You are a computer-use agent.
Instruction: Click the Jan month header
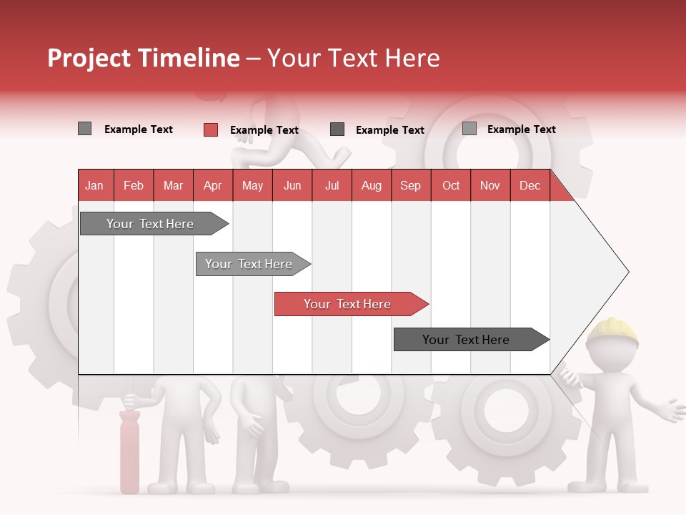(94, 185)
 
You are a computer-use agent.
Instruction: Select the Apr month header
(212, 185)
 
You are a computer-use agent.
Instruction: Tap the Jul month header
(332, 185)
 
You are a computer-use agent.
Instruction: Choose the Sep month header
(410, 185)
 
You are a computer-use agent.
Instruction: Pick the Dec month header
(530, 185)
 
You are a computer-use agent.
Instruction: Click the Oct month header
(451, 185)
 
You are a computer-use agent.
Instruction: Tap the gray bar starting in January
(150, 224)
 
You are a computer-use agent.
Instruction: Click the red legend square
(211, 129)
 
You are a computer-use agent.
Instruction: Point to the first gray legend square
(84, 129)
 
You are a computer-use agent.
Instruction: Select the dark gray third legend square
(337, 129)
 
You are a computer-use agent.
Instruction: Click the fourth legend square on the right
(469, 129)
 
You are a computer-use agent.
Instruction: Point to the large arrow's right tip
(627, 272)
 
